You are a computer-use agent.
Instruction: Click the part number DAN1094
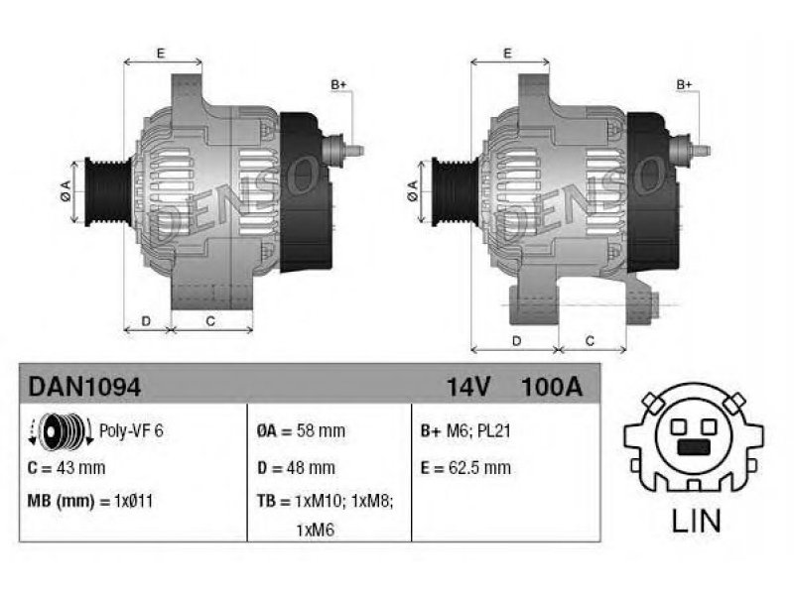point(84,388)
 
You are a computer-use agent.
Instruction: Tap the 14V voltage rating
point(468,388)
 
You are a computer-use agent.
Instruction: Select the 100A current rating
point(552,388)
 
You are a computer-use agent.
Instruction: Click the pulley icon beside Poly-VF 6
point(61,431)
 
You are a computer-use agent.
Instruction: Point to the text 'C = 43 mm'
point(66,468)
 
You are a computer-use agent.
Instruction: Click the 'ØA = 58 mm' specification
point(301,431)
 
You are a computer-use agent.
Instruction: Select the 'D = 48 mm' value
point(296,468)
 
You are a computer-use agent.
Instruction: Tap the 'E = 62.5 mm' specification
point(465,468)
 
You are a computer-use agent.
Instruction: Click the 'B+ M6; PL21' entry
point(465,431)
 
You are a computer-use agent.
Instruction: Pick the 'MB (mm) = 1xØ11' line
point(90,502)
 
